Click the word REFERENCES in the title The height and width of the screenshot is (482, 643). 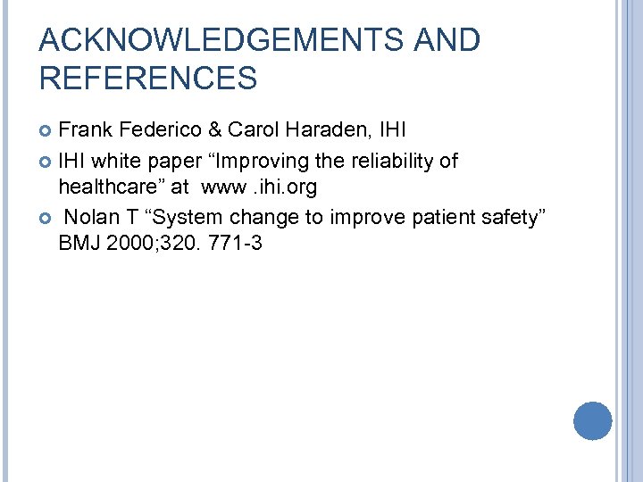(x=148, y=79)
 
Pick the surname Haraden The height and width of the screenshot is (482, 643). (x=326, y=130)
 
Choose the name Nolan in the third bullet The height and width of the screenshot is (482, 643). (x=91, y=216)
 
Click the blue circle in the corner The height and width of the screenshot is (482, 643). (x=592, y=420)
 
